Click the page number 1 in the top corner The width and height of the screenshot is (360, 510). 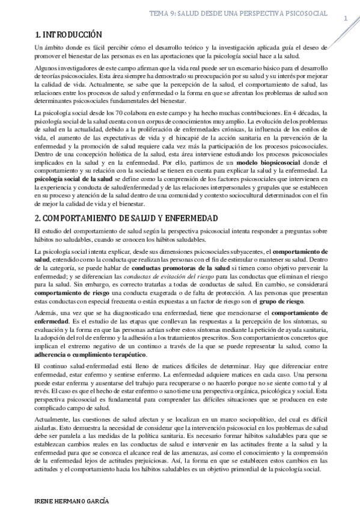(x=346, y=19)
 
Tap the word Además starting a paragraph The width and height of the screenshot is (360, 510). (x=45, y=313)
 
